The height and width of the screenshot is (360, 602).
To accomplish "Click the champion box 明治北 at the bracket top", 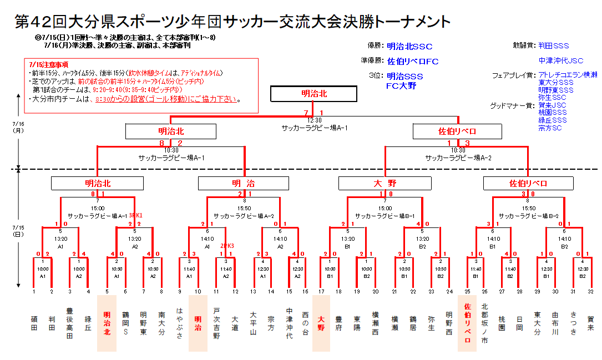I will [314, 94].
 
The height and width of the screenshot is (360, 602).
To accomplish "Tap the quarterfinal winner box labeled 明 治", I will [244, 183].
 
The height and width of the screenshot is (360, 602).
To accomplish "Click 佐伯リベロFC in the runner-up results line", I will [413, 61].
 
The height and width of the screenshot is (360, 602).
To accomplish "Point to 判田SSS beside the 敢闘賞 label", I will [554, 46].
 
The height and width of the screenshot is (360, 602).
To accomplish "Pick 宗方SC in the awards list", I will [550, 128].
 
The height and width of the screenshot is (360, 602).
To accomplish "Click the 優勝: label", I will [375, 46].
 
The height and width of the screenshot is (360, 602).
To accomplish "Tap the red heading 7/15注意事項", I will [44, 64].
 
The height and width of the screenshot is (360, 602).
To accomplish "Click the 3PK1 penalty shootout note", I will [135, 215].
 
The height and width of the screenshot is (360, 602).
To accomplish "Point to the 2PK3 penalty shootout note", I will [227, 245].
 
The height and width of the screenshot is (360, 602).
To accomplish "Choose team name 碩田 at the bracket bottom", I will [34, 323].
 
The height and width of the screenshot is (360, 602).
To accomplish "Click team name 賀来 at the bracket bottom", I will [590, 323].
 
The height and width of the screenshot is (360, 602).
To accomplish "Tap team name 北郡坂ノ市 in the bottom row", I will [484, 323].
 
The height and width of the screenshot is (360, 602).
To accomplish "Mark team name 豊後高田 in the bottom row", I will [70, 323].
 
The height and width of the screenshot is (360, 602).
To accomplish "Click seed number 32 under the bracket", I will [590, 291].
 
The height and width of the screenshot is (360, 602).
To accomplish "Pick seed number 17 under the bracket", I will [321, 291].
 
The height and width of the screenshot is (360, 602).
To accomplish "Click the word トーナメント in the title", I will [412, 22].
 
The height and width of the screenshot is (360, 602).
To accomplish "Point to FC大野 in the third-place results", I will [402, 85].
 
